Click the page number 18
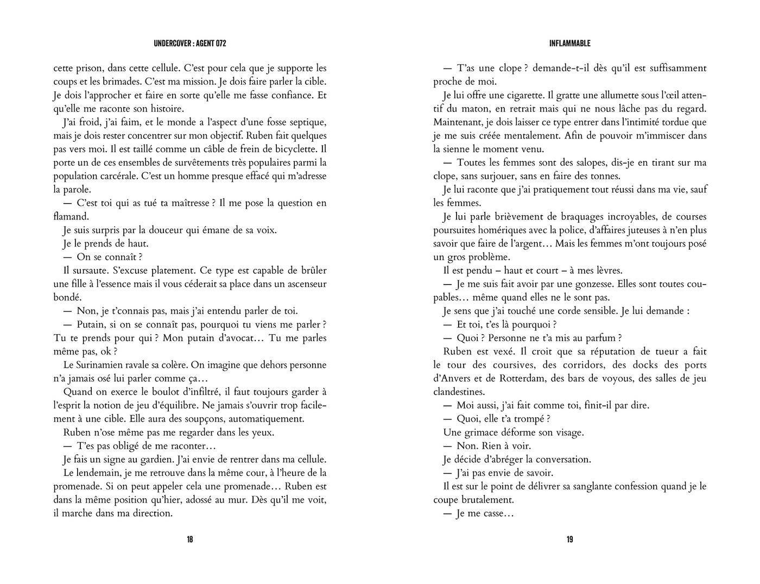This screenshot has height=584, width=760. coord(189,539)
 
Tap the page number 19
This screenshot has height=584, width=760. coord(569,539)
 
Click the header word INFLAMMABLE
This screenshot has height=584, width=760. coord(569,43)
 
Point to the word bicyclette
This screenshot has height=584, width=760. coord(293,149)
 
